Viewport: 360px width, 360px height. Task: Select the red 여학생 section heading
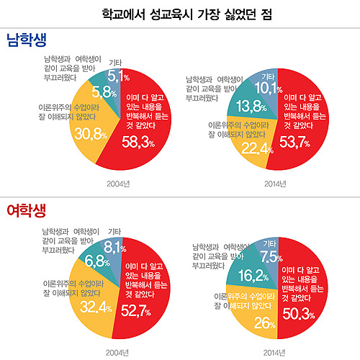point(27,210)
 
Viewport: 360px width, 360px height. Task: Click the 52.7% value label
point(135,311)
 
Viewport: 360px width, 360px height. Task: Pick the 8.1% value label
point(116,246)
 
